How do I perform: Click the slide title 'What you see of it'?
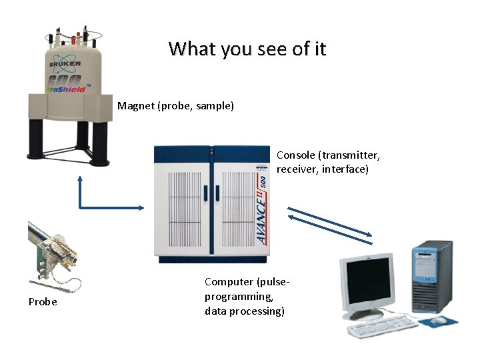coord(247,49)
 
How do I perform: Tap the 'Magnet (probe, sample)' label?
coord(175,105)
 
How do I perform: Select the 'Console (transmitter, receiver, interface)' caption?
coord(328,162)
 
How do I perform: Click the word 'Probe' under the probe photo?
coord(43,302)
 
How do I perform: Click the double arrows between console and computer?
coord(329,223)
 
